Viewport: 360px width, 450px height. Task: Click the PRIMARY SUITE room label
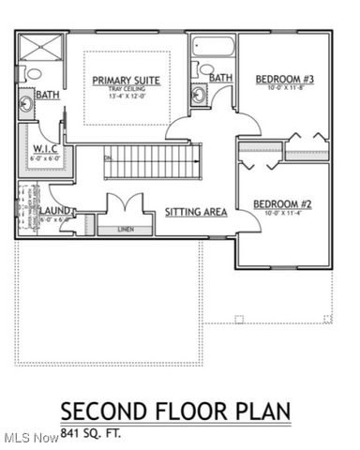[x=126, y=81]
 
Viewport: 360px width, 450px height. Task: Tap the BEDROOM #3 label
[x=284, y=80]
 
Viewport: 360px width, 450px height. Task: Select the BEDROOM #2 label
[x=283, y=204]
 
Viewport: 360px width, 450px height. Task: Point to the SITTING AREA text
[x=196, y=213]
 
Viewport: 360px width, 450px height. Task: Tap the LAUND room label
[x=53, y=212]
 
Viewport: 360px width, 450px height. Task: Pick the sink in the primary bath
[x=26, y=105]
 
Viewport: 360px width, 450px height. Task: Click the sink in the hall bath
[x=199, y=94]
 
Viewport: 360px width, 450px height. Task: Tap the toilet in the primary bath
[x=34, y=73]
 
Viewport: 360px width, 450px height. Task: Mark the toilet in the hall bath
[x=204, y=68]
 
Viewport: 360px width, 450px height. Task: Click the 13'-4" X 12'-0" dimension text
[x=126, y=97]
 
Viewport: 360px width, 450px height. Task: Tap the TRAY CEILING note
[x=126, y=89]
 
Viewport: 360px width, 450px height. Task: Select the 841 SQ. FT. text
[x=91, y=434]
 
